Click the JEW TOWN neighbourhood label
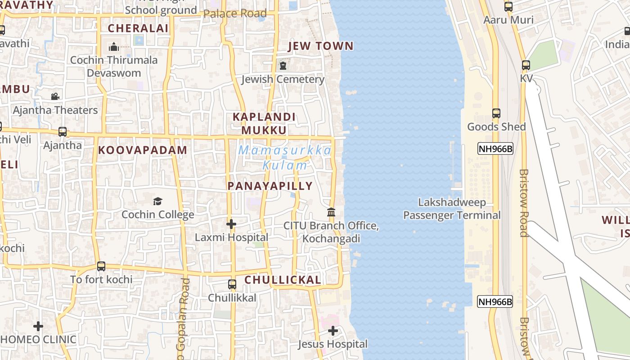click(x=320, y=46)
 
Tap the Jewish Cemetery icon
click(x=283, y=66)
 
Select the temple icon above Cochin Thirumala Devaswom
click(x=114, y=46)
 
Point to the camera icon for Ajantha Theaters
click(x=55, y=96)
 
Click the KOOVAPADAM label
click(x=143, y=150)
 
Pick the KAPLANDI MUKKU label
click(x=264, y=124)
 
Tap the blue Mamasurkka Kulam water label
click(x=285, y=157)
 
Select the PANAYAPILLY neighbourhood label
click(x=270, y=186)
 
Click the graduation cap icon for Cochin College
click(x=157, y=201)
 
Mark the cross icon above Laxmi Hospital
click(x=231, y=224)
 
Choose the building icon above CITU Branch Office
click(x=331, y=212)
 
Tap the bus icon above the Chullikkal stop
click(x=232, y=284)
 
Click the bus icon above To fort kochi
click(x=101, y=266)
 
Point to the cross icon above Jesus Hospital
click(x=333, y=331)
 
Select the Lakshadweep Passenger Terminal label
click(x=451, y=209)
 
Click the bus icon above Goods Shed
click(x=496, y=113)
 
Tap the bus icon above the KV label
click(x=526, y=65)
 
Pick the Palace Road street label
click(x=235, y=13)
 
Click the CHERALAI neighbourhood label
click(x=138, y=28)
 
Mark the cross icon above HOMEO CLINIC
click(x=38, y=326)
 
